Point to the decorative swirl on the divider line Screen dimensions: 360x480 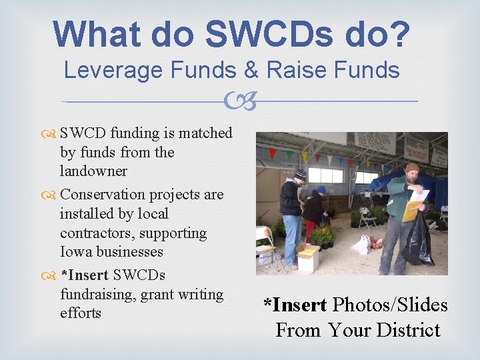tap(240, 102)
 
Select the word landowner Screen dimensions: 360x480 tap(93, 171)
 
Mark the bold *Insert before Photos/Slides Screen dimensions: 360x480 tap(295, 305)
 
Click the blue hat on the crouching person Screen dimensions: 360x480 tap(321, 190)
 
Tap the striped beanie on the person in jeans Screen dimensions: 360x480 tap(301, 174)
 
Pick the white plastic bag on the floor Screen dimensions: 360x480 tap(361, 245)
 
